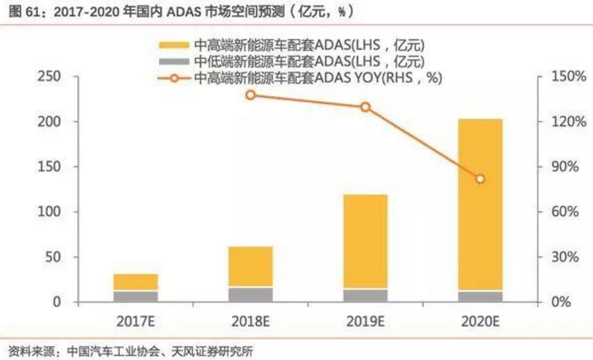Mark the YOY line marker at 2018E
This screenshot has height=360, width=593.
[x=251, y=95]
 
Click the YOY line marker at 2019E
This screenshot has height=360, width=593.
[x=365, y=107]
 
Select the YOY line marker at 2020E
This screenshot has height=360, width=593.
[x=480, y=179]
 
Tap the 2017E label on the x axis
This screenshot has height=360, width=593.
[x=136, y=321]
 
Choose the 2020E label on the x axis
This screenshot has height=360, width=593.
[x=480, y=321]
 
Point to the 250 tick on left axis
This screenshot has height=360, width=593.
[x=48, y=77]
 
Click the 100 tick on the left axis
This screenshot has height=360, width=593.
[x=48, y=212]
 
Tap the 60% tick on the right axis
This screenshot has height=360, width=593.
[x=562, y=212]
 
